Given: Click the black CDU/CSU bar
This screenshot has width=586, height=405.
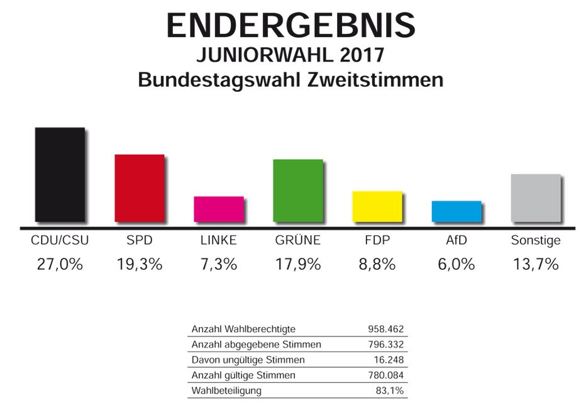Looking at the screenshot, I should coord(59,174).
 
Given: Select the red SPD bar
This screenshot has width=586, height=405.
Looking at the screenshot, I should coord(139,187).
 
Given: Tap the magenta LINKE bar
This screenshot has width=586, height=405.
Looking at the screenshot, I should coord(218,209).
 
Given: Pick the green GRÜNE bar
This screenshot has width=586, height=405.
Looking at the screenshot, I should coord(297,190).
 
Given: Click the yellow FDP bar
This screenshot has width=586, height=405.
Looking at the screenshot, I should coord(377,206).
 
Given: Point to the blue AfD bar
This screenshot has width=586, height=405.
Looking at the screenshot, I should coord(456,211).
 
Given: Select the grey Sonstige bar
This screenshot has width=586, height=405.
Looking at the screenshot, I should coord(536,197).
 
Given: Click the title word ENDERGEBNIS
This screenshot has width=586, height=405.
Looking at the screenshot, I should coord(290,26).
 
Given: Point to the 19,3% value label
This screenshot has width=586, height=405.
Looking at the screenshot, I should coord(139,264).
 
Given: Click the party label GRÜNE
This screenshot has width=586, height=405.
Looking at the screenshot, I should coord(297,240).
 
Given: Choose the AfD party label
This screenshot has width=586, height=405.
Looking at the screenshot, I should coord(456,240).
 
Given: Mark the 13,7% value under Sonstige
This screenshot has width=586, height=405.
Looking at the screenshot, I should coord(535,264).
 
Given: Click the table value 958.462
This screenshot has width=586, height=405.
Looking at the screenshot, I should coord(385,329).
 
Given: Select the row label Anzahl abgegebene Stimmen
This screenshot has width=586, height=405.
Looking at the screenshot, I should coord(255,344).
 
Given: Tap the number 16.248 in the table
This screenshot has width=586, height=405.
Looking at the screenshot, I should coord(388,360).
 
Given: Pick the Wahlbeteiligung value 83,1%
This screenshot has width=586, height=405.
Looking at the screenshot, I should coord(391,391).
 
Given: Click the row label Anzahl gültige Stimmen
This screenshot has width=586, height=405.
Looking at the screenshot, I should coord(243,375).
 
